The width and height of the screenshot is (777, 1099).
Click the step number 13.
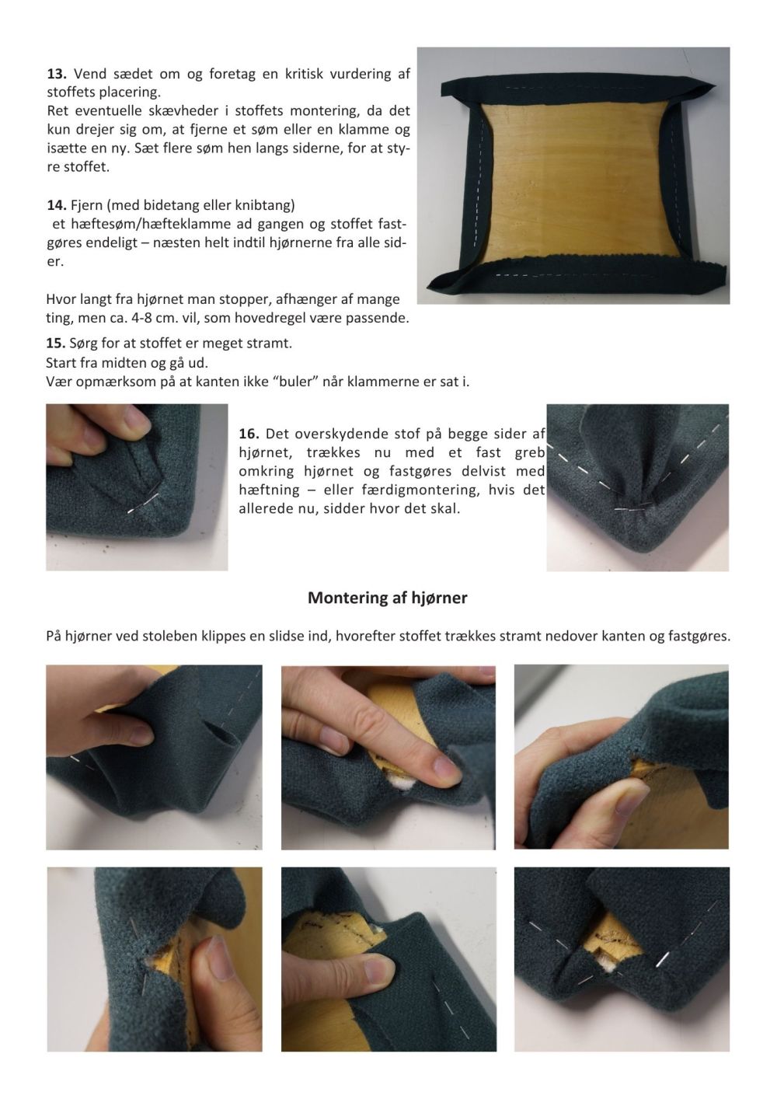(57, 74)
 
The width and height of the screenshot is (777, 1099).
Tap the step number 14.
(57, 204)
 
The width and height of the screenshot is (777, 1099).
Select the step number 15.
(55, 343)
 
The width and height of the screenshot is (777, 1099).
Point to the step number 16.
(249, 434)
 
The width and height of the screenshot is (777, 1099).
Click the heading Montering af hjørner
(388, 598)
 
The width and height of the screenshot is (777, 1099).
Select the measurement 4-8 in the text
(145, 318)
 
